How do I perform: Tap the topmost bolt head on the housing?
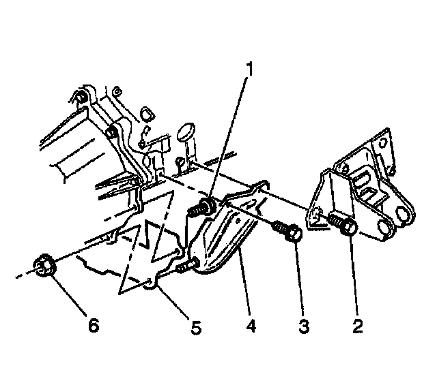pyautogui.click(x=82, y=96)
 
